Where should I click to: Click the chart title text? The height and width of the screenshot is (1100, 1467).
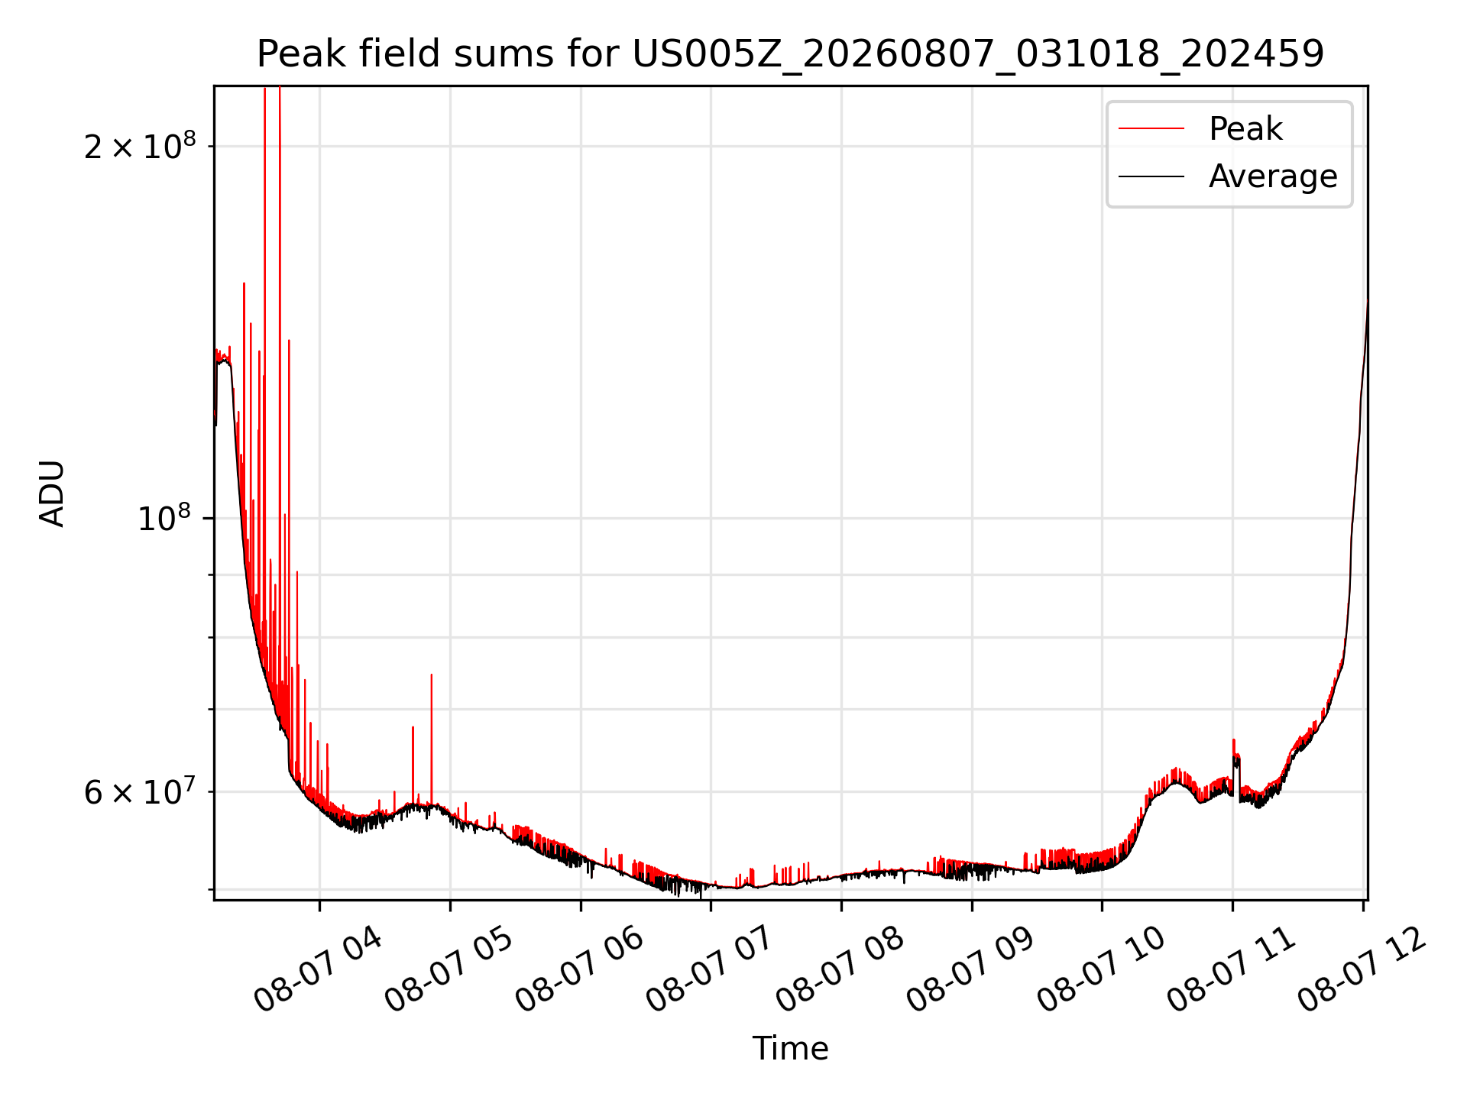pos(790,54)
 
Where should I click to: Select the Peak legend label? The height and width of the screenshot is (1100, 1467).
pos(1245,128)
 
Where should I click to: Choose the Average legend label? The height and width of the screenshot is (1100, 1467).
pos(1273,176)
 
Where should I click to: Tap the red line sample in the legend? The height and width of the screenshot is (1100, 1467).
pos(1151,128)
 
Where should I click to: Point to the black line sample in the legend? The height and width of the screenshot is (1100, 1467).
pos(1151,176)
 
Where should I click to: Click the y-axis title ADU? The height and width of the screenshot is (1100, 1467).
pos(52,493)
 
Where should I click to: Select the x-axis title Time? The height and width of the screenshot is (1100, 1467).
pos(790,1048)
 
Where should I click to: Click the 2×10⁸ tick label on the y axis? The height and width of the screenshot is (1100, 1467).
pos(140,145)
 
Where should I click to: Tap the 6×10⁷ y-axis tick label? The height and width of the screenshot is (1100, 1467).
pos(140,791)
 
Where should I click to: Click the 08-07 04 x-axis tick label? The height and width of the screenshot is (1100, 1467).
pos(318,969)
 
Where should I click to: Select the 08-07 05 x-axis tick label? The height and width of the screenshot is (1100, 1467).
pos(449,969)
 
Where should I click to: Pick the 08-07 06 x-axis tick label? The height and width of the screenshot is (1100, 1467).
pos(579,969)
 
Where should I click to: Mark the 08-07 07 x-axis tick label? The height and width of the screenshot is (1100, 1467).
pos(710,969)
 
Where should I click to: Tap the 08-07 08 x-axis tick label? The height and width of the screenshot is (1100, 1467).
pos(840,969)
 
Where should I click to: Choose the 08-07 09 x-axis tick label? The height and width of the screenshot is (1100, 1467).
pos(970,969)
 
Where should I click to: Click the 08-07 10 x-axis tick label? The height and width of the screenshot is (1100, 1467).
pos(1101,969)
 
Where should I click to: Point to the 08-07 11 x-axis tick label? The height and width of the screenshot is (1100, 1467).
pos(1232,969)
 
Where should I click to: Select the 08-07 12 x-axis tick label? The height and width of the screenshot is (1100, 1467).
pos(1362,969)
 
